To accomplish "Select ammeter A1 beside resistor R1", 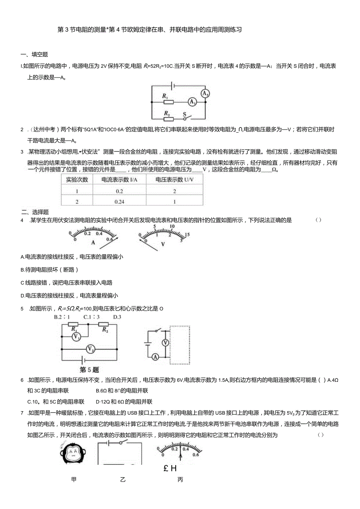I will [192, 102].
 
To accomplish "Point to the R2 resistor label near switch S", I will [166, 113].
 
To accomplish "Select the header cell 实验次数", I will [77, 180].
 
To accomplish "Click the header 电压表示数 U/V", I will [174, 180].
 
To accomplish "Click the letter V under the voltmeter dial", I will [163, 244].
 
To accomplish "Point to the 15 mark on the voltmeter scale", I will [187, 234].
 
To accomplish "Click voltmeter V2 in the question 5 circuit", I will [90, 348].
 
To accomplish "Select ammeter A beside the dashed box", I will [155, 356].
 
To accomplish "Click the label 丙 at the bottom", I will [180, 480].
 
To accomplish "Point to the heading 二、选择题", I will [35, 212].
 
